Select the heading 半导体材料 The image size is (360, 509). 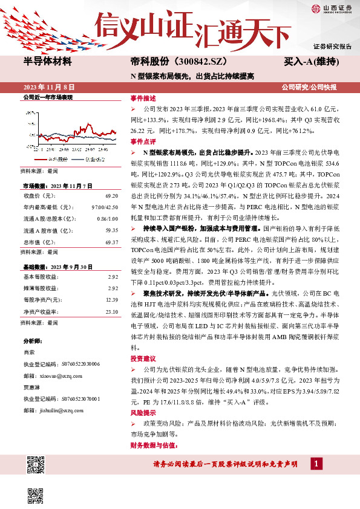coord(47,62)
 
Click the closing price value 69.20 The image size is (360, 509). coord(111,196)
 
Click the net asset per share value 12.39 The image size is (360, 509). coord(111,300)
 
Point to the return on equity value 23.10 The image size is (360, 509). coord(111,311)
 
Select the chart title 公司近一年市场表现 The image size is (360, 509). coord(47,97)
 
